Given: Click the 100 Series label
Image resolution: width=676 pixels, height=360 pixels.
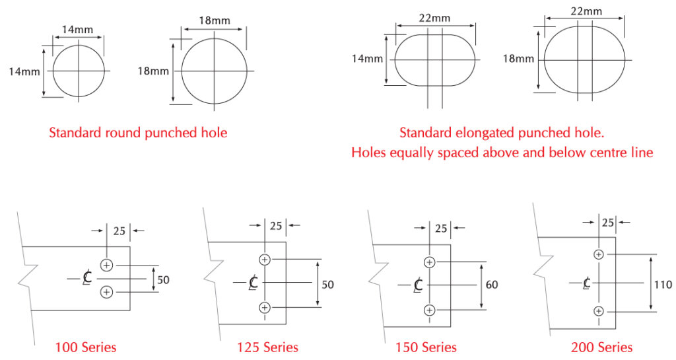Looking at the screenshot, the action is (x=86, y=347).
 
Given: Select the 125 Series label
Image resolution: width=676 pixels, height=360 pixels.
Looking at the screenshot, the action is (x=267, y=347).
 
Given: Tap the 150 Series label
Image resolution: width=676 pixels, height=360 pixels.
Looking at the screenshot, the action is (x=426, y=347).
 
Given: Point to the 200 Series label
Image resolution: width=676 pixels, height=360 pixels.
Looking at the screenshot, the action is (x=602, y=347).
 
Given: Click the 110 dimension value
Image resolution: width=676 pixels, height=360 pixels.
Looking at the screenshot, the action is (x=663, y=285).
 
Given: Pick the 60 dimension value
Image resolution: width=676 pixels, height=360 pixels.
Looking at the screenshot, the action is (x=491, y=285).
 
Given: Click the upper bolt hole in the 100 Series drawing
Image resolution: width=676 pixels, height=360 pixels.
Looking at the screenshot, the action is (x=106, y=265).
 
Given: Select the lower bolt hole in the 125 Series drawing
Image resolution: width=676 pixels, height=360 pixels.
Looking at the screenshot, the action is (x=265, y=307).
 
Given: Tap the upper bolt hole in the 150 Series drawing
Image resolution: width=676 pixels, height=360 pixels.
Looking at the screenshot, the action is (x=429, y=262).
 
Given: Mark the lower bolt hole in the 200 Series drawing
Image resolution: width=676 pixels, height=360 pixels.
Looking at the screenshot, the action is (x=598, y=311).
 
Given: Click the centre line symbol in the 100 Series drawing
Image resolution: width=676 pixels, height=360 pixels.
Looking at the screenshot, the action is (x=87, y=278).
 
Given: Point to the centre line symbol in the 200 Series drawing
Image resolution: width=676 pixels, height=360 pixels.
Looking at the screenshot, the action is (x=587, y=283).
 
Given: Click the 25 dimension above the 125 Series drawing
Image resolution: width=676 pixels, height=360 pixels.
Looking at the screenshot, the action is (x=276, y=225).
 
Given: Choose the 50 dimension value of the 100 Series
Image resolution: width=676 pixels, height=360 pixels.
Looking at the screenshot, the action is (x=163, y=280).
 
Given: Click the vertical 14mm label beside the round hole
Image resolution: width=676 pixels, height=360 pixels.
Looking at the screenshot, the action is (x=24, y=71).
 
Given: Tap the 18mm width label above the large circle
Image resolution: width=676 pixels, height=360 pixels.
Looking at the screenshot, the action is (x=215, y=20).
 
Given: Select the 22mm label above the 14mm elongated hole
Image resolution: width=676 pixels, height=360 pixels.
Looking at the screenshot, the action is (x=434, y=18).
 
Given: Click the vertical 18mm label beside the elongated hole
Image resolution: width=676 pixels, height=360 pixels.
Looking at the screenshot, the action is (x=518, y=59).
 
